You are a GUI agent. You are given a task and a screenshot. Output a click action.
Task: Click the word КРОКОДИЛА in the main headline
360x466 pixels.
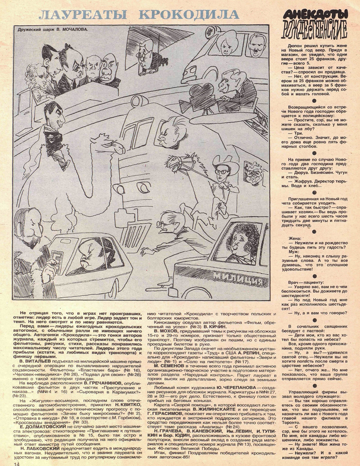[198, 14]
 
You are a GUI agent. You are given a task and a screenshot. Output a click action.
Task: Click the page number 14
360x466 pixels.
[10, 461]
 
